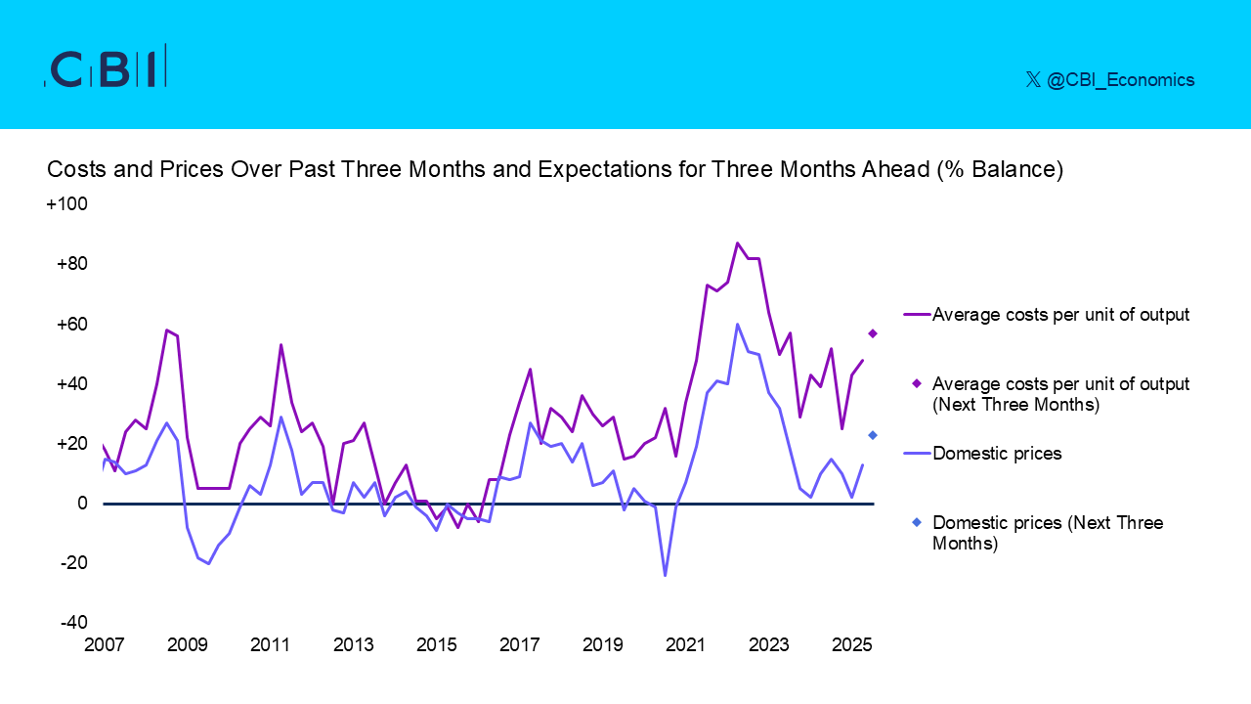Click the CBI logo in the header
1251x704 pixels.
(106, 67)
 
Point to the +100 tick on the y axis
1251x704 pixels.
(67, 204)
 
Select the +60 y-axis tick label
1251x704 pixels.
(70, 324)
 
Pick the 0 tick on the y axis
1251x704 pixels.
(83, 504)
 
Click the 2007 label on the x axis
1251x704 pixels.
(105, 646)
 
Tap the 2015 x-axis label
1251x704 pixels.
(437, 646)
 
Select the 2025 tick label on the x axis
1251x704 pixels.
(852, 646)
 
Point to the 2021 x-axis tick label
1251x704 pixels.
(686, 646)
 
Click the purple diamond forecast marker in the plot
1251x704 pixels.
(873, 333)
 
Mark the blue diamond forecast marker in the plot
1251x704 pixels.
(873, 435)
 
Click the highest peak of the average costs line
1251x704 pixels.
(738, 242)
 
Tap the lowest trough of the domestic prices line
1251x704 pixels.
(666, 575)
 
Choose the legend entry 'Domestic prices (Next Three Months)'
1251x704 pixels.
(1048, 533)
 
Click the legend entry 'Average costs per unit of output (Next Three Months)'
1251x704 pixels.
(1060, 394)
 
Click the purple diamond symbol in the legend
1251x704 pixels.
(917, 383)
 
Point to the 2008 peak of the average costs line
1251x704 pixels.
(166, 330)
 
